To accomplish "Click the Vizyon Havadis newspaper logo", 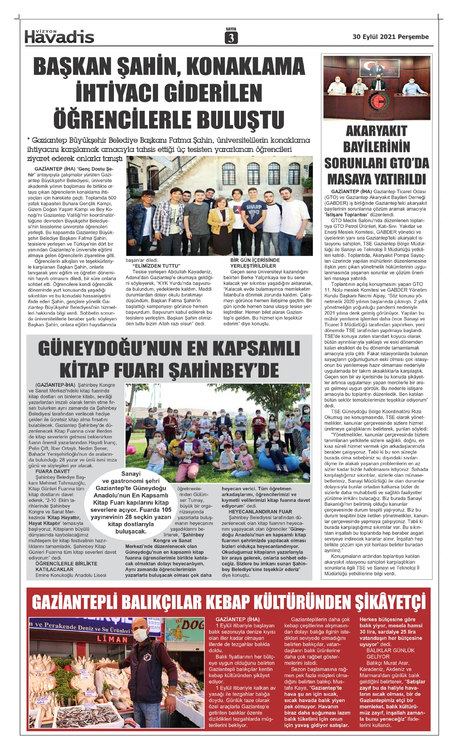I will click(59, 36).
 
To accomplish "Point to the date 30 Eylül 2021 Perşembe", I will click(390, 37).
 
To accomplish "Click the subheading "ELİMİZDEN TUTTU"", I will click(156, 266).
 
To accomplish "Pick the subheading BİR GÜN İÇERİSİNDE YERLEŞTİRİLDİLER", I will click(255, 263).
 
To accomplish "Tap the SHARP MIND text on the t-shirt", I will click(253, 209).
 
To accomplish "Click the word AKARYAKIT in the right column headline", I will click(376, 131).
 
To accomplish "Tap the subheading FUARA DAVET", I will click(53, 471).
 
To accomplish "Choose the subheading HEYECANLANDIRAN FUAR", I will click(260, 512).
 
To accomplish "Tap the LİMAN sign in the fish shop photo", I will click(112, 639).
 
